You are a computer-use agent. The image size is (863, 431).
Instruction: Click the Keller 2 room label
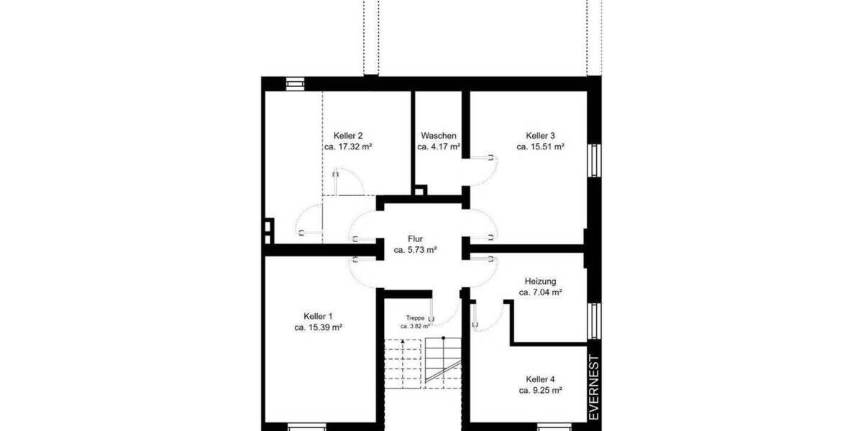(x=348, y=136)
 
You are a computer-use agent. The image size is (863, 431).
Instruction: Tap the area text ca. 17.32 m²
(x=348, y=147)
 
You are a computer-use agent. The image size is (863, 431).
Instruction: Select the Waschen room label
(x=439, y=136)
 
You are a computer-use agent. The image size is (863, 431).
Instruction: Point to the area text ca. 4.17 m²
(x=439, y=147)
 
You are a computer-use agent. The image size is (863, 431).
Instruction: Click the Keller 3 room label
(x=540, y=136)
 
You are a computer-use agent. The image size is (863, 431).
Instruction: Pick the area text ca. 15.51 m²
(x=540, y=147)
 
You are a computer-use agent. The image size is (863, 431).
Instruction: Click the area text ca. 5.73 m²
(x=416, y=251)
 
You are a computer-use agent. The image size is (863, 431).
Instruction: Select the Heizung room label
(x=540, y=282)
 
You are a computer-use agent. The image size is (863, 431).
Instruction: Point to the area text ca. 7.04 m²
(x=540, y=292)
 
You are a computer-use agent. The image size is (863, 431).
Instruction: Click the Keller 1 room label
(x=318, y=316)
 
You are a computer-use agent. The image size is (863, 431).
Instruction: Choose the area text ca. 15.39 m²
(x=318, y=327)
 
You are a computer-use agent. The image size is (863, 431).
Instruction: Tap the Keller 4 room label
(x=540, y=379)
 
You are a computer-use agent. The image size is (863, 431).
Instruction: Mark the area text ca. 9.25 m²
(x=540, y=390)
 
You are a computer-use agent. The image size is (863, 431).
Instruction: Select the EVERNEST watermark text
(x=594, y=388)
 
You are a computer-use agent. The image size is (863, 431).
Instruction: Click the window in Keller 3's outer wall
(x=594, y=159)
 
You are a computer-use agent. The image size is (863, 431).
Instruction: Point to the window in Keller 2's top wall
(x=295, y=83)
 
